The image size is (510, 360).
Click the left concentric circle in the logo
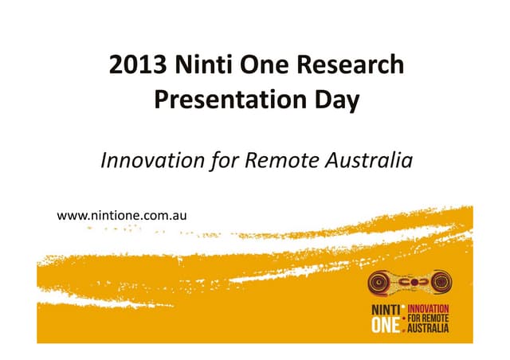pos(382,284)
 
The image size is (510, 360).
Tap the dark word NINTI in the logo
pos(384,311)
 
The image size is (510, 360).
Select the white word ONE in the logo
pos(383,326)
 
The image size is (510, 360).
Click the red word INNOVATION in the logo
pos(429,308)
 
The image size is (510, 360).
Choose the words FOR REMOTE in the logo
pos(429,318)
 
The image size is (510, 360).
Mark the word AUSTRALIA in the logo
pos(429,327)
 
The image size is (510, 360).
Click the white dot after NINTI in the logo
pos(403,307)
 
